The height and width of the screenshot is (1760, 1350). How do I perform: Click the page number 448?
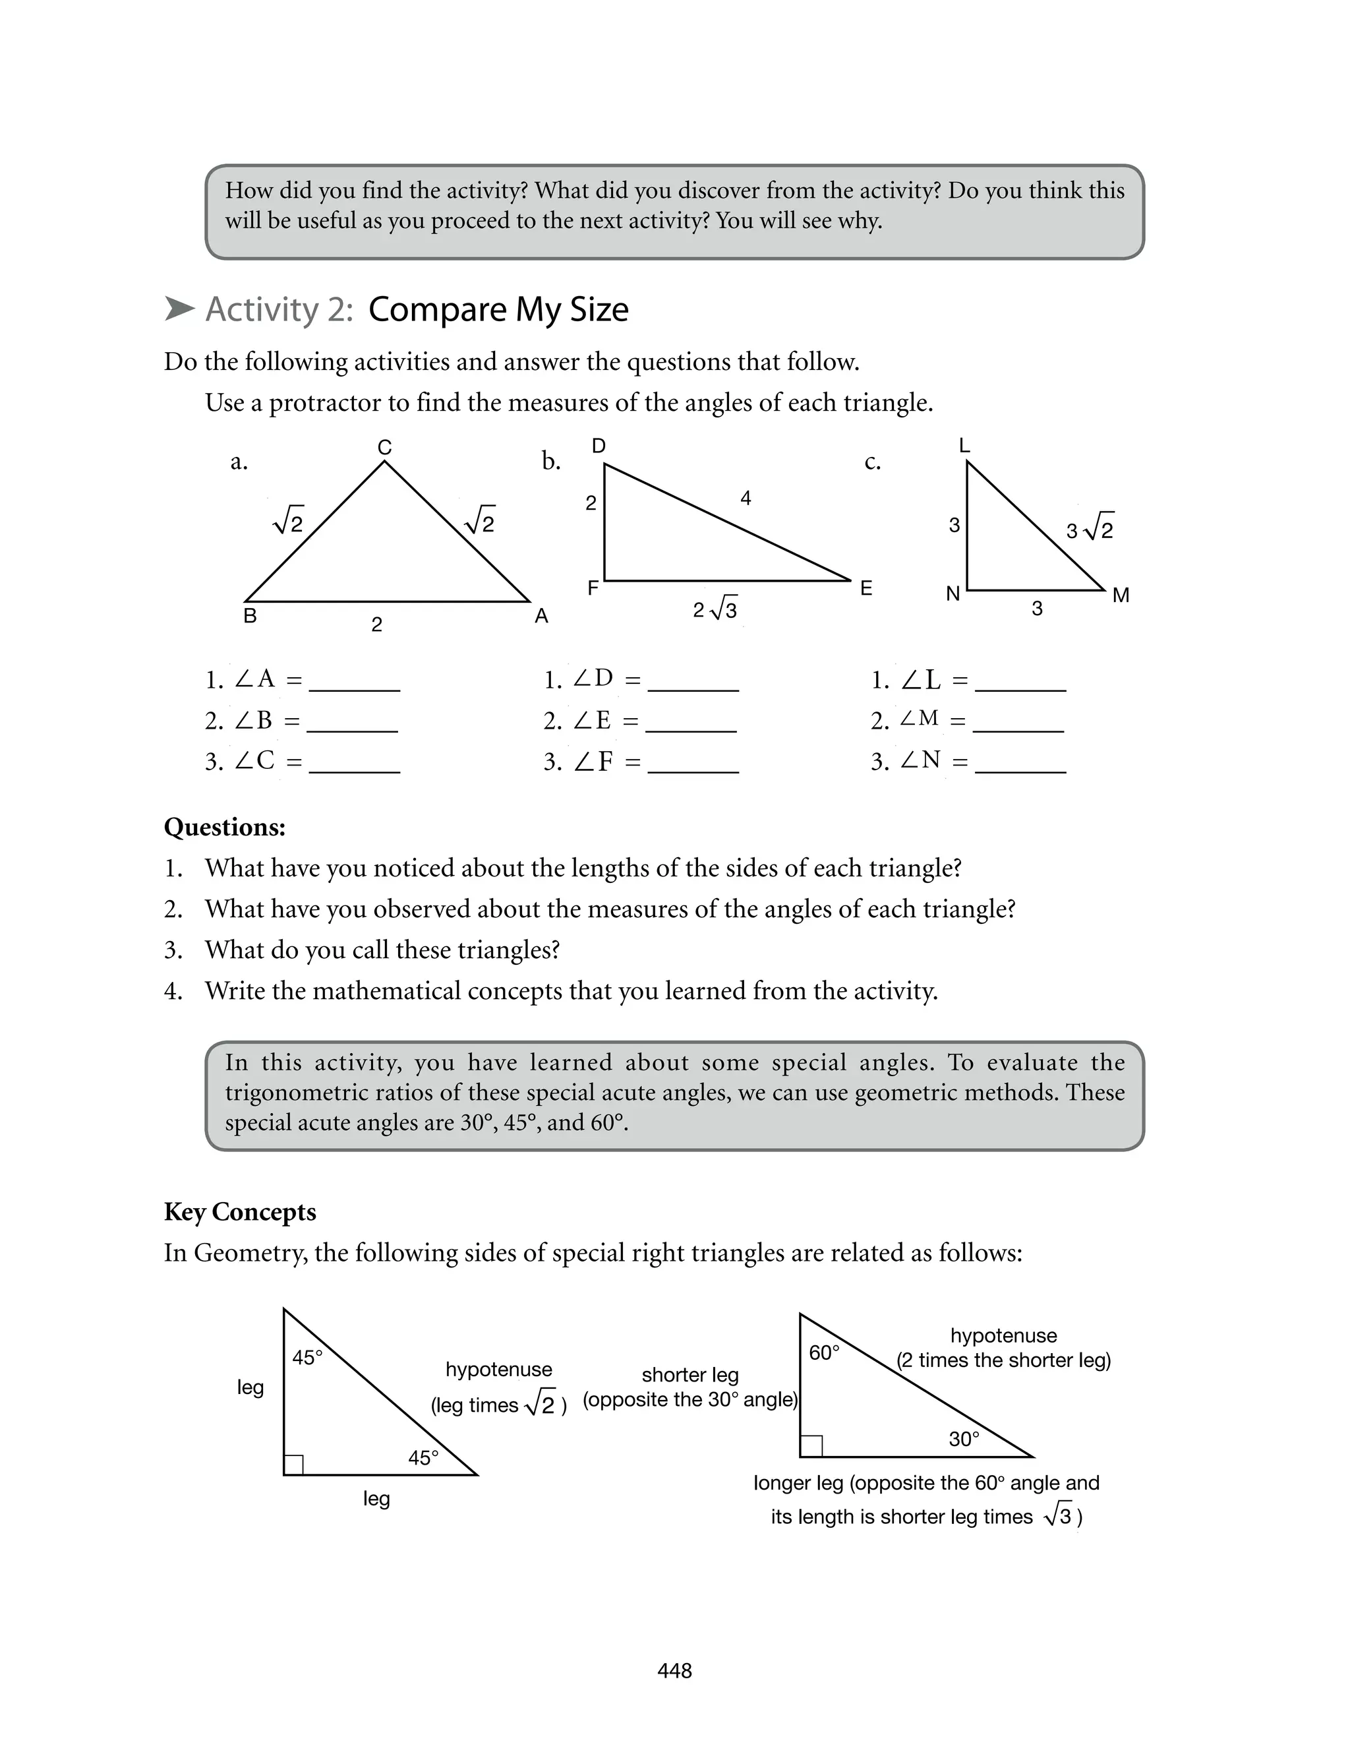tap(674, 1671)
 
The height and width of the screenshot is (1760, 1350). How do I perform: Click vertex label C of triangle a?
tap(384, 448)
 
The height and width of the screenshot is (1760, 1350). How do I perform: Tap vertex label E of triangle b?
tap(866, 588)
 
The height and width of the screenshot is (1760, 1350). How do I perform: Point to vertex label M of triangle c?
tap(1121, 595)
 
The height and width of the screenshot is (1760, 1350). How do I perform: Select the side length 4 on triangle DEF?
tap(745, 499)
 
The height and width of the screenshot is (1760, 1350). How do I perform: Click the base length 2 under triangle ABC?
tap(376, 624)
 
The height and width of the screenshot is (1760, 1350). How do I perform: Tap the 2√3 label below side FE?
tap(715, 610)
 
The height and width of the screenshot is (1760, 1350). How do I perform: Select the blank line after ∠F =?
tap(693, 770)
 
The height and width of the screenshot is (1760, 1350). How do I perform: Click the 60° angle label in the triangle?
tap(824, 1353)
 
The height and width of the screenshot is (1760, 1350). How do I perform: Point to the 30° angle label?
tap(964, 1440)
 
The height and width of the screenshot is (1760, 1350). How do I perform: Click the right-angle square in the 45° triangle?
tap(293, 1465)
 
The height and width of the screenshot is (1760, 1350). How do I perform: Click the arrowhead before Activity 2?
tap(179, 309)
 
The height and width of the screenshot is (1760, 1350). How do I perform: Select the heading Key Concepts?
tap(239, 1212)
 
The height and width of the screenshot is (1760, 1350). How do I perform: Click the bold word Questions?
tap(224, 827)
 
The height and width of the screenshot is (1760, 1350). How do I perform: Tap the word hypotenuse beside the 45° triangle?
tap(498, 1370)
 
